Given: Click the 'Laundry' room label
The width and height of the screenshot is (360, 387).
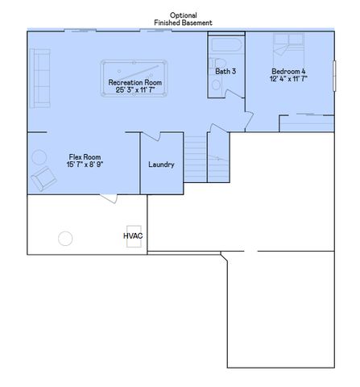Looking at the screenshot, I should tap(161, 164).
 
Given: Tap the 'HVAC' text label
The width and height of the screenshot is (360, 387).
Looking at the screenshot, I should tap(132, 235).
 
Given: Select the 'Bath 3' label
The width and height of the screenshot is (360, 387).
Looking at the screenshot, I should tap(226, 72).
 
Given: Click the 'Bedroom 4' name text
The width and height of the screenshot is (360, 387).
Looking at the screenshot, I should tap(288, 72).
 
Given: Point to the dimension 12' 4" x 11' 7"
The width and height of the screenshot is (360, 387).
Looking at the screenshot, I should tap(288, 80).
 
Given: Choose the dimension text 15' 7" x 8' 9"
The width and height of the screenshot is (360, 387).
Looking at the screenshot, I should tap(85, 164).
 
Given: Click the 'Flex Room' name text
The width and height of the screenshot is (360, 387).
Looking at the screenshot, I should tap(85, 156).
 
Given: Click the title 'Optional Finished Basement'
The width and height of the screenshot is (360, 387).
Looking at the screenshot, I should tap(184, 19).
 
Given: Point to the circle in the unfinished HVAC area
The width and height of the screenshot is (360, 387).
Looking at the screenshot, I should tap(64, 239).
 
